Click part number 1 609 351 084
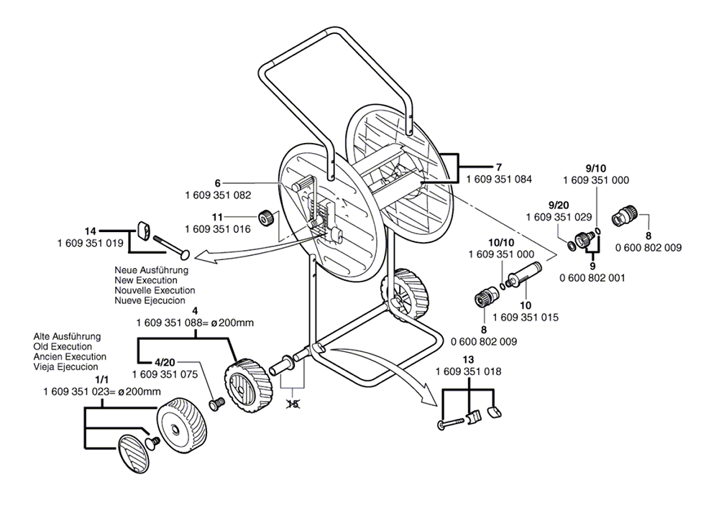[499, 180]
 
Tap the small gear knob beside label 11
[267, 218]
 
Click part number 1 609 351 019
[91, 243]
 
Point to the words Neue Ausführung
[151, 270]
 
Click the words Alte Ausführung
[67, 337]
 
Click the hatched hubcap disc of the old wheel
[134, 453]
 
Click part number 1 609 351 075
[165, 374]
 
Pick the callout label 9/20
[558, 205]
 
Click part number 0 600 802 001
[592, 277]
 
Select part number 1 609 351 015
[526, 317]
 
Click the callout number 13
[469, 359]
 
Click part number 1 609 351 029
[559, 217]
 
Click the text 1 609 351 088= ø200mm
[195, 323]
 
